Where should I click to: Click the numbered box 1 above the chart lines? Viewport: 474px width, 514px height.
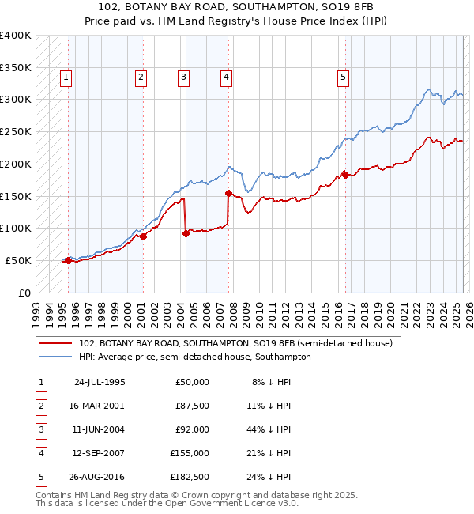[66, 77]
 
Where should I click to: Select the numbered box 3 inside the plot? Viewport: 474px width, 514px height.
[182, 77]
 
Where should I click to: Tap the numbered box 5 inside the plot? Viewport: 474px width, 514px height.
[344, 77]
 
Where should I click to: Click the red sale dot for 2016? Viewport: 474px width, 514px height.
[345, 175]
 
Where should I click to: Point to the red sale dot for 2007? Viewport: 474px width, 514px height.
[228, 193]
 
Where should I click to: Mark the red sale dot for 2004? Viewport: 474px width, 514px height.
[186, 233]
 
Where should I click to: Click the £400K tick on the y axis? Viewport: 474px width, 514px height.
[16, 36]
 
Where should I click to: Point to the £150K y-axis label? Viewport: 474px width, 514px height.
[16, 196]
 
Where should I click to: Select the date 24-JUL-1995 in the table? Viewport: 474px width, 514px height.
[99, 382]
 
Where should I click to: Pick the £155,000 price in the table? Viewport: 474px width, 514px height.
[190, 453]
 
